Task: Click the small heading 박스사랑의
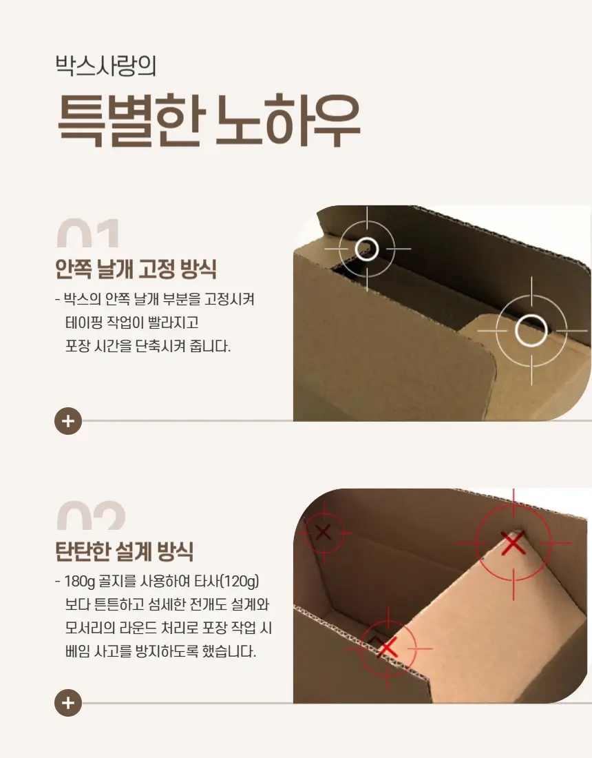pyautogui.click(x=106, y=66)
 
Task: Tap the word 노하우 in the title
pyautogui.click(x=288, y=120)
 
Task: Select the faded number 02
pyautogui.click(x=92, y=515)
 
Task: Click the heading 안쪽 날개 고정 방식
pyautogui.click(x=136, y=269)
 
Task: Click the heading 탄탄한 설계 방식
pyautogui.click(x=124, y=551)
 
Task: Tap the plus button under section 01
pyautogui.click(x=68, y=421)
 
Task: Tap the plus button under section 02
pyautogui.click(x=68, y=703)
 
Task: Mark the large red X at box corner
pyautogui.click(x=513, y=543)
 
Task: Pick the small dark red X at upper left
pyautogui.click(x=323, y=532)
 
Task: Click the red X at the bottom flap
pyautogui.click(x=386, y=647)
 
